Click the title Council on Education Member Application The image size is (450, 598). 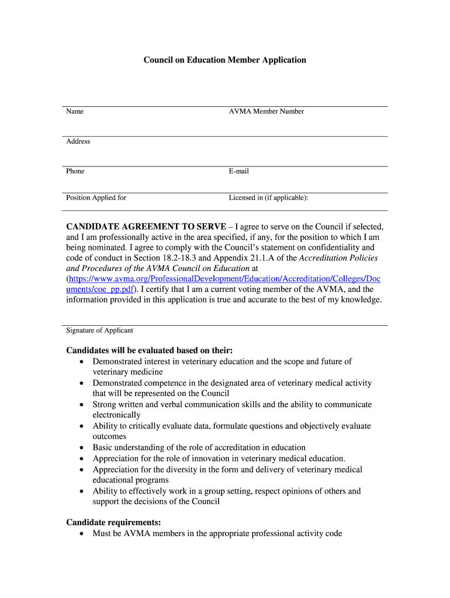pos(225,60)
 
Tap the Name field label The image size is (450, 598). pos(75,112)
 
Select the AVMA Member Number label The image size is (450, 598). pos(266,112)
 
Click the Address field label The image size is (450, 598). pos(78,141)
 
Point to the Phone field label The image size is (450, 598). pos(75,171)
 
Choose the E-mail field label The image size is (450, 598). pos(239,171)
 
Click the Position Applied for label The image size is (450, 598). pos(96,197)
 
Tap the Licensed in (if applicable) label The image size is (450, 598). pos(268,197)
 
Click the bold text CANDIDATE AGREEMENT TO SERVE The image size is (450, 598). pos(146,227)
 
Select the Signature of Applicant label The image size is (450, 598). pos(99,331)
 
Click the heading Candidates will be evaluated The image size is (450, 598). pos(149,350)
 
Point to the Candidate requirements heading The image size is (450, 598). pos(113,522)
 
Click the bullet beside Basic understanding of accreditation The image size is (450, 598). pos(81,448)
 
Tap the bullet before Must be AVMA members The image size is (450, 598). pos(81,534)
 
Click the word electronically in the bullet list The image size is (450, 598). pos(116,415)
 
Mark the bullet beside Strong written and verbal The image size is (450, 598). pos(81,405)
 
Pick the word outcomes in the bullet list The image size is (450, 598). pos(110,437)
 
